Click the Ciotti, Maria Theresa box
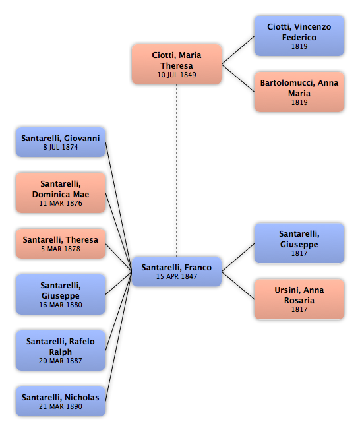177,64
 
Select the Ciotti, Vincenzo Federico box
299,36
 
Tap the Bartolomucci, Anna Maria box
299,92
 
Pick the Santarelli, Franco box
177,272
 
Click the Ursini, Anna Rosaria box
299,299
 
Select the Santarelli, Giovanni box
61,142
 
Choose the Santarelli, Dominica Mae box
61,193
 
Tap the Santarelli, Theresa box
61,243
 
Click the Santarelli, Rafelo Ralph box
61,350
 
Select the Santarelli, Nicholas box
61,401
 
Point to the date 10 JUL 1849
177,75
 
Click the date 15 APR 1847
177,276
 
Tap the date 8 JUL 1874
61,147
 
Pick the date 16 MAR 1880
61,305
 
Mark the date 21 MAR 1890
61,406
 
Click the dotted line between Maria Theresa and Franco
177,171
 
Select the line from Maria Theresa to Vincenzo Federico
238,50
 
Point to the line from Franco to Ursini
238,286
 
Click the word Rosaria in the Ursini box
299,300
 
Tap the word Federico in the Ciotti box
299,37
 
